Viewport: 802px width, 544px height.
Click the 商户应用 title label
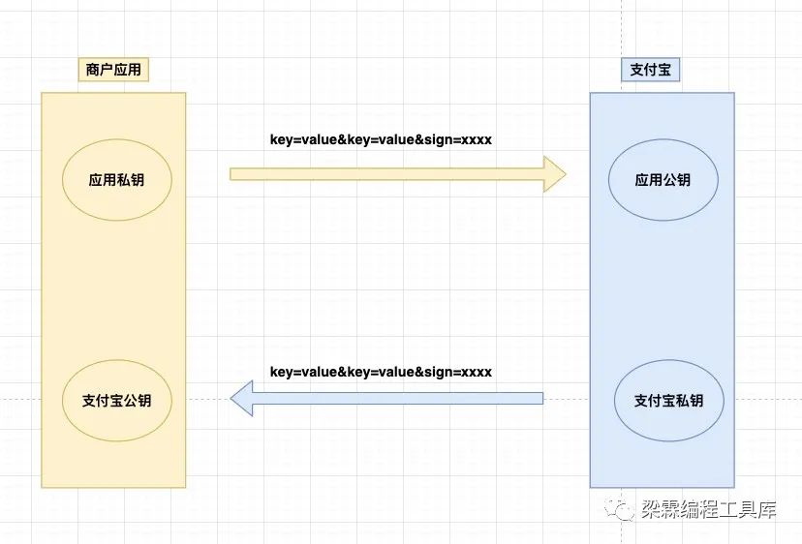click(113, 70)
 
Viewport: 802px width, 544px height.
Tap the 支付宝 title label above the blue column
click(650, 70)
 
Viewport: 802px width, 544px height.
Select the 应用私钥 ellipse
click(116, 180)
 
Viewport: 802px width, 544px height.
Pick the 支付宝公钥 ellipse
click(116, 400)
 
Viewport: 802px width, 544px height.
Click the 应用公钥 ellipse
click(663, 180)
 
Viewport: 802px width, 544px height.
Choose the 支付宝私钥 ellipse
click(668, 400)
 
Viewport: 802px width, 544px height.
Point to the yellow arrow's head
click(555, 173)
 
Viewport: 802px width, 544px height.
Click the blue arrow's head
click(241, 398)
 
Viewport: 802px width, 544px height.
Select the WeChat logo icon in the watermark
click(624, 510)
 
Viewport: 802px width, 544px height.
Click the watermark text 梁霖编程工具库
click(708, 510)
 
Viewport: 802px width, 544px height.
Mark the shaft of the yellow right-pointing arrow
click(387, 173)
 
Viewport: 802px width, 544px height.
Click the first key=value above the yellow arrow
click(303, 139)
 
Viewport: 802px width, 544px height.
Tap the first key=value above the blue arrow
click(303, 372)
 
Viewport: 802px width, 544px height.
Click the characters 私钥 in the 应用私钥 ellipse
click(130, 180)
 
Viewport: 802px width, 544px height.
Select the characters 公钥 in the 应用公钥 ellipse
click(677, 180)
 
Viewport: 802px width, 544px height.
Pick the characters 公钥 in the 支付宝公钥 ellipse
click(137, 400)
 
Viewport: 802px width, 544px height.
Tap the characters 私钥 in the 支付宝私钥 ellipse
click(689, 400)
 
